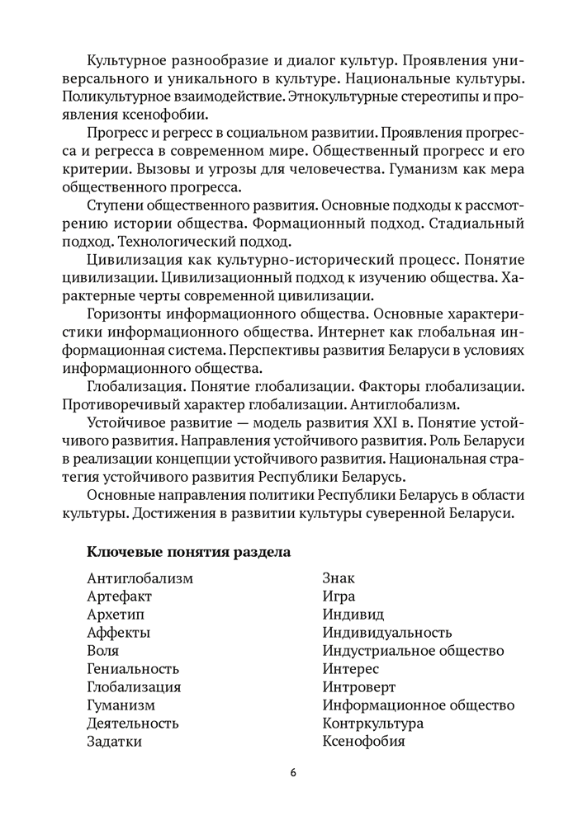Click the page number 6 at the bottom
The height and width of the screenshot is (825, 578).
293,772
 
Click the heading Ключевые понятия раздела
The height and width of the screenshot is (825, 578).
187,550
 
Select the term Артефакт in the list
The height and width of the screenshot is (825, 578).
119,596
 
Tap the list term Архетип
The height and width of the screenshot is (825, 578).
115,614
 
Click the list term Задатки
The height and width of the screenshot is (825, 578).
114,741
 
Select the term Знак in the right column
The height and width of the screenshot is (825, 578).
339,577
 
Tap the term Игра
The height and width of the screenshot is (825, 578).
339,596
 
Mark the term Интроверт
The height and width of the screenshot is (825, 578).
359,686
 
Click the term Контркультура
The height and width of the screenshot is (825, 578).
373,723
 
